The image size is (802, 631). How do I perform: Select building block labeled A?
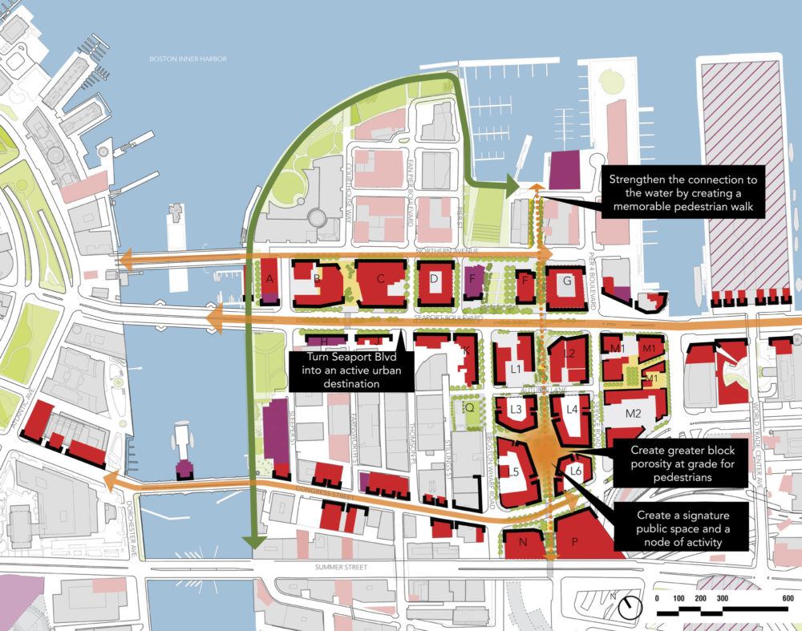(x=269, y=279)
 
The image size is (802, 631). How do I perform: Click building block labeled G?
(x=567, y=282)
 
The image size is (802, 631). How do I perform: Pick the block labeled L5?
(x=514, y=472)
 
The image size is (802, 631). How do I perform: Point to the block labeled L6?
(x=575, y=471)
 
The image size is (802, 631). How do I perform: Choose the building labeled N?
(x=524, y=543)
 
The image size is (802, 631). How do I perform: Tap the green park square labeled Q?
(x=470, y=407)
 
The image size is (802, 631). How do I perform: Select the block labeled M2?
(x=633, y=415)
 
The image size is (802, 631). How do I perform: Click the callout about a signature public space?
(x=681, y=528)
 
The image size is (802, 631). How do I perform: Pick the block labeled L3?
(x=516, y=410)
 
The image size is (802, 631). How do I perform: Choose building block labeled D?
(x=434, y=279)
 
